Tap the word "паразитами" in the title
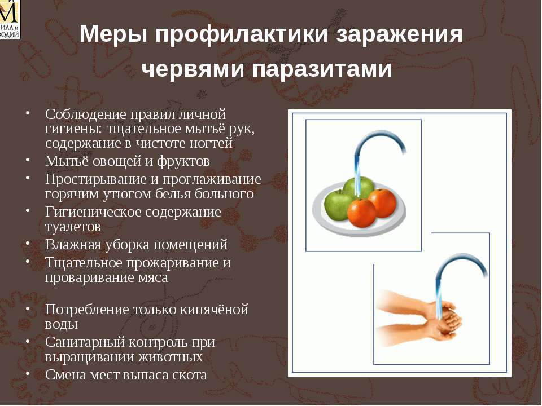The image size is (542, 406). pos(322,69)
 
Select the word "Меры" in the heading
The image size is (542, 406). pos(113,34)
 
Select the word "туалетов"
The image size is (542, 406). pos(73,227)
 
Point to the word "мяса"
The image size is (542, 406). pos(152,277)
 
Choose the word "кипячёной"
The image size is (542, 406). pos(213,309)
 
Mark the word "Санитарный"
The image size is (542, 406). pos(85,342)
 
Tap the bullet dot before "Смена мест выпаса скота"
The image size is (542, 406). pos(27,373)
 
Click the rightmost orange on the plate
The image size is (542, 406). pos(382,204)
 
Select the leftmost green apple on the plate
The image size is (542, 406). pos(338,206)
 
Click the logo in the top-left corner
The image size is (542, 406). pos(10,19)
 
